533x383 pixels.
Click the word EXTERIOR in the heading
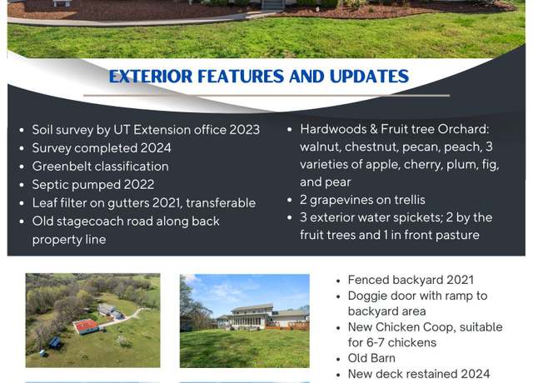tap(151, 76)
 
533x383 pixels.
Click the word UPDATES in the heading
tap(369, 76)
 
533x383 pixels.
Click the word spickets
tap(416, 217)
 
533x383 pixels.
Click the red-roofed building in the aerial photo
tap(86, 326)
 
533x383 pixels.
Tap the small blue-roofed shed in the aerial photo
tap(55, 342)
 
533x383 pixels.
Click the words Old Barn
tap(371, 358)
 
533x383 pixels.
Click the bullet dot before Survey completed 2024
tap(22, 148)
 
